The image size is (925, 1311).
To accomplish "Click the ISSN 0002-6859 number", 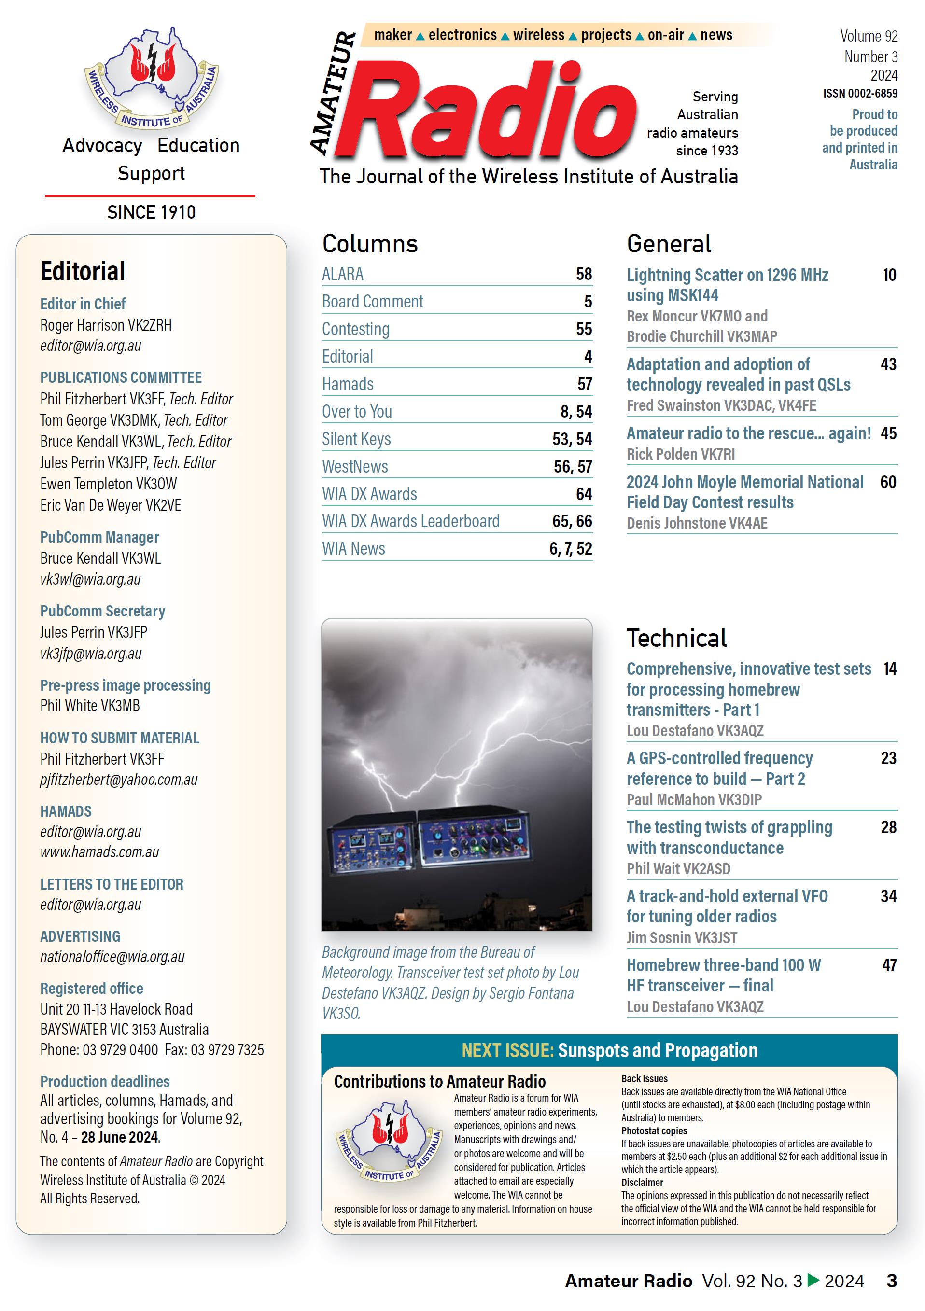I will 859,93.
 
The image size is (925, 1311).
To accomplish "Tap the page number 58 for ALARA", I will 584,274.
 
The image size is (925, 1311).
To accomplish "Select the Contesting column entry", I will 355,329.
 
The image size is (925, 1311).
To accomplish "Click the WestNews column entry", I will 354,466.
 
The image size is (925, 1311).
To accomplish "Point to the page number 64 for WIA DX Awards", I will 584,494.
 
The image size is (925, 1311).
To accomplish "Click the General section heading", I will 669,244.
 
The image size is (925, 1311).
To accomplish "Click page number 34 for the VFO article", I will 888,896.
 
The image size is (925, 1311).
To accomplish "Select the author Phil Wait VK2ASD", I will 678,868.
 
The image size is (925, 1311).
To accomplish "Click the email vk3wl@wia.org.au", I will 90,579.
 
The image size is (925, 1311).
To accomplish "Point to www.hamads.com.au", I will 99,852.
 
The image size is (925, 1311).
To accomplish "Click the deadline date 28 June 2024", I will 119,1137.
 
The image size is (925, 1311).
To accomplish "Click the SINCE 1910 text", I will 151,212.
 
